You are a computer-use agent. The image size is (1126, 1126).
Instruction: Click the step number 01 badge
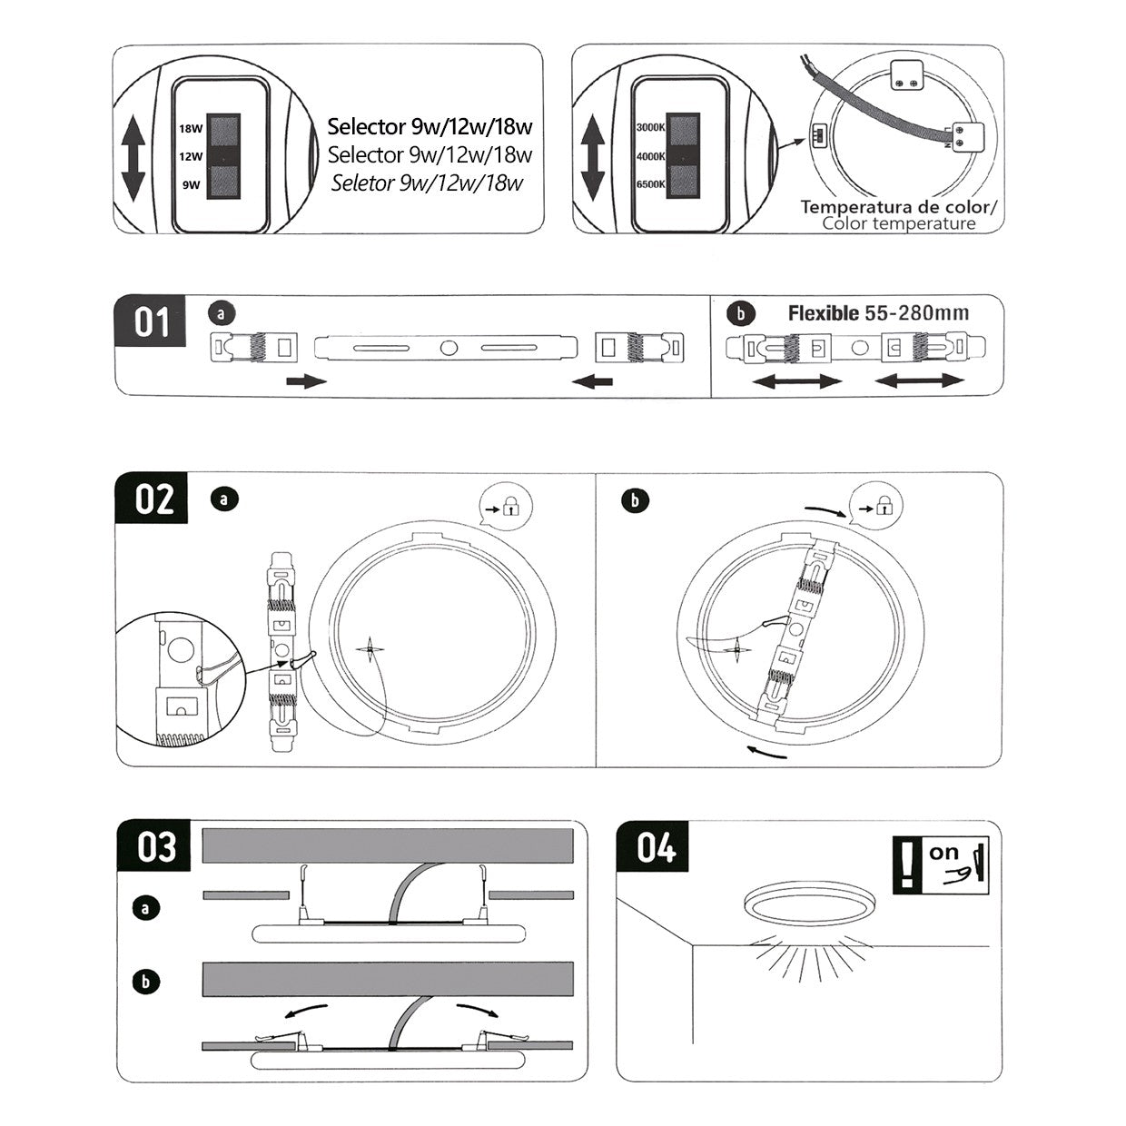click(x=151, y=321)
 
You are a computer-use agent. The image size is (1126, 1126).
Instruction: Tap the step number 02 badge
click(x=153, y=499)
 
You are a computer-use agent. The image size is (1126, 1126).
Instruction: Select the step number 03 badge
click(x=155, y=846)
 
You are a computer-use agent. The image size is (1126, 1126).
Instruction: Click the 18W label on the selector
click(x=191, y=129)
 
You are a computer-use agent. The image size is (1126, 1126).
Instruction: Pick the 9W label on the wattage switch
click(x=191, y=184)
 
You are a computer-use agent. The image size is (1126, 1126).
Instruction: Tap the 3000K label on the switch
click(x=650, y=128)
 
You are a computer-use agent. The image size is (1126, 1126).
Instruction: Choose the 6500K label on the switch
click(x=650, y=184)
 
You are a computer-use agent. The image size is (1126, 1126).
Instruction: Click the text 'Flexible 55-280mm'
click(x=878, y=314)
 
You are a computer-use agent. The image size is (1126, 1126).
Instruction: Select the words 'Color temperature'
click(x=898, y=224)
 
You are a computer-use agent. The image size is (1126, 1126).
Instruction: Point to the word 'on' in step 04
click(x=943, y=853)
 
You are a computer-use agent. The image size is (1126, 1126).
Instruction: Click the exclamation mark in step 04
click(x=906, y=865)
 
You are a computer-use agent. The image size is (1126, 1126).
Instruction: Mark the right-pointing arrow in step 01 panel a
click(x=306, y=381)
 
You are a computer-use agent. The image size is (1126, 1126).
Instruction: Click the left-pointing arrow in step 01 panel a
click(x=592, y=381)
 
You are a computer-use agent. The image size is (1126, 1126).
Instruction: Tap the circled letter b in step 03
click(x=145, y=982)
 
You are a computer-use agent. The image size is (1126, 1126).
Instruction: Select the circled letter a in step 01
click(x=222, y=314)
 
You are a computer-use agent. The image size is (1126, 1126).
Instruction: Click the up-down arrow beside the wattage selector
click(x=133, y=156)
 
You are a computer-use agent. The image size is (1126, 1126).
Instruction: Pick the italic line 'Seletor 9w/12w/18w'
click(x=427, y=183)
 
